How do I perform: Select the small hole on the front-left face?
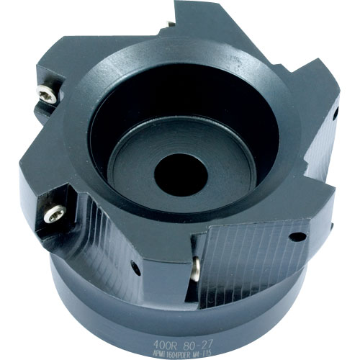[135, 269]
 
